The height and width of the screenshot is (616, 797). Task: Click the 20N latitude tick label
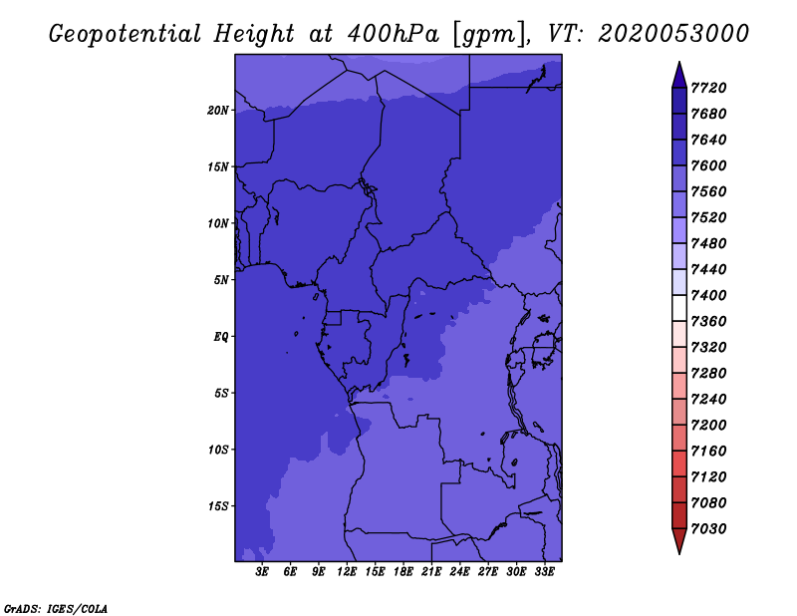218,110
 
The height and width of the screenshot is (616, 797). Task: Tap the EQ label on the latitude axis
220,336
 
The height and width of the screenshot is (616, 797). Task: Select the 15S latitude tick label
218,506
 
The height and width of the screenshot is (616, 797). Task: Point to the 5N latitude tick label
220,280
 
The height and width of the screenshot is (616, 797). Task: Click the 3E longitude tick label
262,572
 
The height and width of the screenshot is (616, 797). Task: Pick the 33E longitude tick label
544,572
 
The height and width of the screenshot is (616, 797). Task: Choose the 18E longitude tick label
403,572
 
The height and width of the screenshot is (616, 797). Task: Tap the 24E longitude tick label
459,572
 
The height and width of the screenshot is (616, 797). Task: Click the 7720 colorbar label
708,88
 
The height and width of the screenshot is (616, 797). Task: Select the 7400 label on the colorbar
708,295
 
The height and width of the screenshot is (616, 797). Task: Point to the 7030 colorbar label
708,528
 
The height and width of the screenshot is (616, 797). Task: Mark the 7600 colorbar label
708,165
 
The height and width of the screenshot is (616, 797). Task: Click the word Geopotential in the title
126,34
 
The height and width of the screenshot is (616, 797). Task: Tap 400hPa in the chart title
393,34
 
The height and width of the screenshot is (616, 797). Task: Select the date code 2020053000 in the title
673,34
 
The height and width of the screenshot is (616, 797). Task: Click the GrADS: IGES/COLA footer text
56,609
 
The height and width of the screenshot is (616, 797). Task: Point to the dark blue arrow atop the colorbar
679,76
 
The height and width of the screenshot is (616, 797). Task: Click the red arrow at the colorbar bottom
679,541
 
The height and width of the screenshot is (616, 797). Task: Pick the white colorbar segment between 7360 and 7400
679,308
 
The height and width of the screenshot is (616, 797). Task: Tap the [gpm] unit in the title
489,35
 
